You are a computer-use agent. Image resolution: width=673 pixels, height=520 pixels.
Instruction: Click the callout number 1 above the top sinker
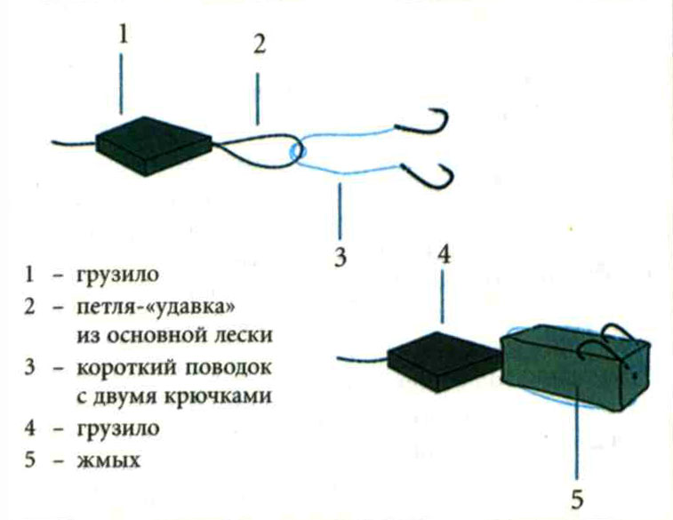pyautogui.click(x=124, y=34)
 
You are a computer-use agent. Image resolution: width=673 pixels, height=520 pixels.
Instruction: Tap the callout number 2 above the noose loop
pyautogui.click(x=258, y=44)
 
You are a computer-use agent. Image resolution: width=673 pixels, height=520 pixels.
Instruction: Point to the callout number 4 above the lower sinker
pyautogui.click(x=445, y=255)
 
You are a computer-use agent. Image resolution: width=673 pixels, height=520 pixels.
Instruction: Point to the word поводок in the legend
pyautogui.click(x=232, y=367)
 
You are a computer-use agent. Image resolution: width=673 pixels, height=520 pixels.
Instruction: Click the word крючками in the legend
pyautogui.click(x=227, y=397)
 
